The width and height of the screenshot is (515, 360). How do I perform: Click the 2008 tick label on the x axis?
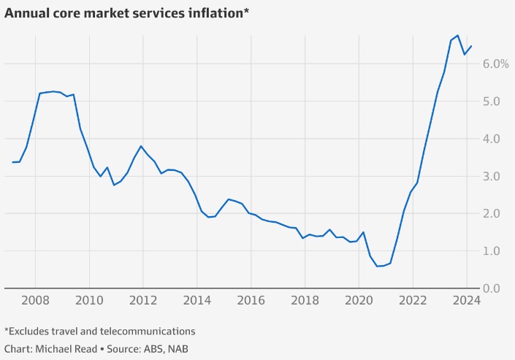tap(36, 299)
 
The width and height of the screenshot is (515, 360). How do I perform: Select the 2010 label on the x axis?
tap(89, 299)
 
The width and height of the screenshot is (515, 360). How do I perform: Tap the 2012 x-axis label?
tap(143, 299)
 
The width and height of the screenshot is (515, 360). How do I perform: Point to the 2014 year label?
tap(197, 299)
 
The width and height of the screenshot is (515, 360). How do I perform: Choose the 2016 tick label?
tap(251, 299)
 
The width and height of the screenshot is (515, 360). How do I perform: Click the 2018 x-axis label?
tap(305, 299)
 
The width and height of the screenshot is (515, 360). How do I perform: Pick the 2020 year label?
tap(358, 299)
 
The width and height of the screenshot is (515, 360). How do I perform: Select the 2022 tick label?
tap(412, 299)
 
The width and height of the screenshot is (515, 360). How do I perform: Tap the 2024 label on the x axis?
tap(466, 299)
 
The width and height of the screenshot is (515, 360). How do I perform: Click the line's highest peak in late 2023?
tap(457, 35)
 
